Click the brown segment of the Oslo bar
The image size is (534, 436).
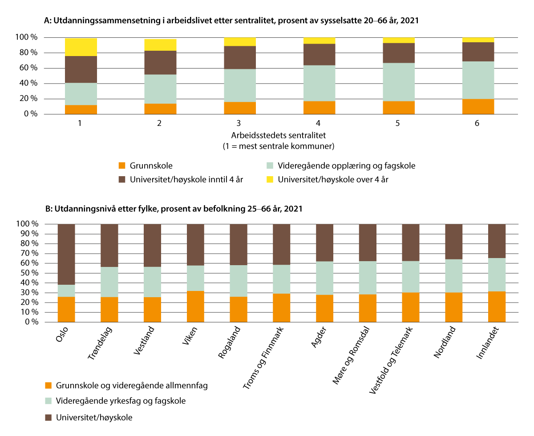click(66, 254)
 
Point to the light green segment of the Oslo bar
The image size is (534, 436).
click(66, 291)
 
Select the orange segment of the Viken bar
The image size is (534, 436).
click(195, 307)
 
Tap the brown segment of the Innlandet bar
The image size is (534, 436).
click(497, 241)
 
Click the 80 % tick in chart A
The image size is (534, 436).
click(28, 53)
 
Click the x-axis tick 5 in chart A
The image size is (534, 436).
click(397, 123)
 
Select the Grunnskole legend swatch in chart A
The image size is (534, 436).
click(122, 166)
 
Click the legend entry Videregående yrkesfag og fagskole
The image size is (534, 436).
click(121, 401)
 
